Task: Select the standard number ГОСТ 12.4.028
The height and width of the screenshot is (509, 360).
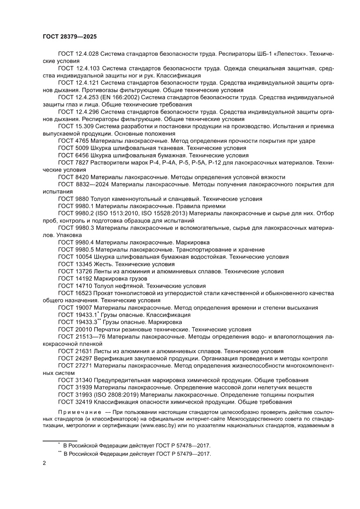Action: coord(78,53)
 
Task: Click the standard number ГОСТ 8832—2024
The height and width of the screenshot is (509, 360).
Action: coord(84,185)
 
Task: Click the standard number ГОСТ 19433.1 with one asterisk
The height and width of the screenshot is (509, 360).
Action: coord(78,315)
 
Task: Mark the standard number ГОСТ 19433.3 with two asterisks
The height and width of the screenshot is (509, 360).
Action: coord(78,322)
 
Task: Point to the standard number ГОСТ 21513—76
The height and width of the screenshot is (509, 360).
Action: coord(82,337)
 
